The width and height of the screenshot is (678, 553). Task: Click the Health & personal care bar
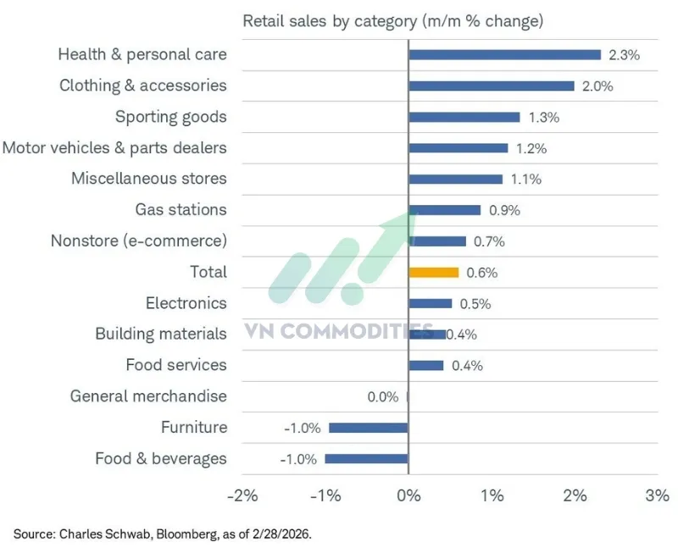click(x=504, y=54)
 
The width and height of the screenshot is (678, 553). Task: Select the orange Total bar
click(x=433, y=273)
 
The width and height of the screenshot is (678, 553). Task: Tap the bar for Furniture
click(x=368, y=428)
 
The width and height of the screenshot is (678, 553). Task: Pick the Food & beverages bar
click(x=366, y=459)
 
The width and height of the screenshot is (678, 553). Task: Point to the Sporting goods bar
click(x=464, y=117)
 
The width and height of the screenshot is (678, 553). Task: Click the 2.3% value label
click(x=624, y=55)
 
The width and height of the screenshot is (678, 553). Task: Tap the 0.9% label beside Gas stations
click(x=503, y=210)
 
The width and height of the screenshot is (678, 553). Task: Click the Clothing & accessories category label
click(x=143, y=86)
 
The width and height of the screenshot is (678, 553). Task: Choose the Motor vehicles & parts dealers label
click(x=114, y=148)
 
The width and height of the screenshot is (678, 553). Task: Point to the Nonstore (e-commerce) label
click(x=139, y=241)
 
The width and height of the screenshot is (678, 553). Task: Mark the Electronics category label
click(x=186, y=303)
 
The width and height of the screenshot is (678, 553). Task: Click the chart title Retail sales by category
click(x=393, y=20)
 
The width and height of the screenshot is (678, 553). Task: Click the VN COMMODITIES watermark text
click(x=339, y=331)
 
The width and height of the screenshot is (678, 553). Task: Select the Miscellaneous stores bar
click(x=455, y=179)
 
